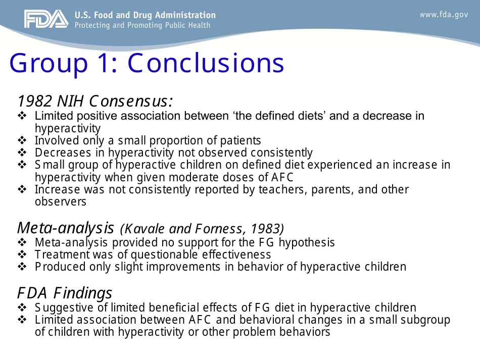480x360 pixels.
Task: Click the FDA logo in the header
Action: (x=45, y=20)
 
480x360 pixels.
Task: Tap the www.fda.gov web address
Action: (x=444, y=15)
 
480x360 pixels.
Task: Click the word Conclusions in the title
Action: (x=206, y=63)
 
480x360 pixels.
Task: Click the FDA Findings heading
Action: (x=65, y=293)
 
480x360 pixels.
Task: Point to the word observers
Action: (x=60, y=201)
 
